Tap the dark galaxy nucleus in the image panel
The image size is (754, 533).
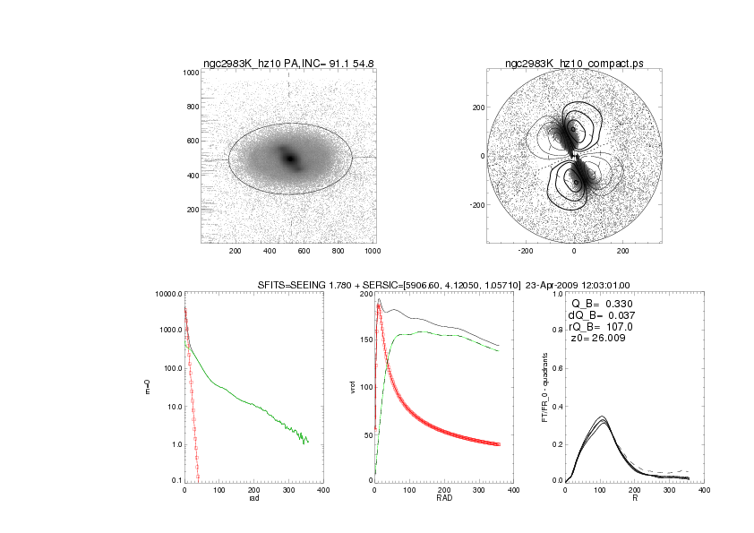(x=289, y=158)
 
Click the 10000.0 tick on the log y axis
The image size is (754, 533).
(x=167, y=294)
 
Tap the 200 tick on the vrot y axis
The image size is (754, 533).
(x=364, y=294)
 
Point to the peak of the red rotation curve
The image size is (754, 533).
(x=379, y=305)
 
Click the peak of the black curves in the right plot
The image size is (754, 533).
(x=602, y=417)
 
